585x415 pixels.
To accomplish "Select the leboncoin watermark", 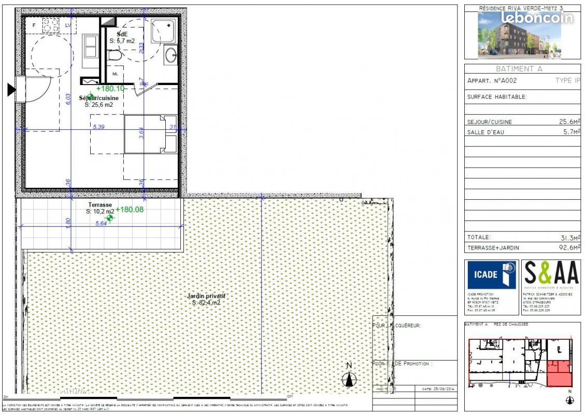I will click(x=537, y=18).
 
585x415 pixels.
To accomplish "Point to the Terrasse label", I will click(x=99, y=205).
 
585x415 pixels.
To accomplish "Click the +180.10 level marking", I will click(x=110, y=89).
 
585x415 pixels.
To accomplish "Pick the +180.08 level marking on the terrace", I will click(x=130, y=210).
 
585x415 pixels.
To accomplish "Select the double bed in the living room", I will click(x=151, y=134).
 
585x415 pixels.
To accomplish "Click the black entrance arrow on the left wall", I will click(x=11, y=90).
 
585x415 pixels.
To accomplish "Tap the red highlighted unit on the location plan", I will click(x=560, y=374).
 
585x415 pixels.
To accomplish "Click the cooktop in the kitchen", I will click(x=51, y=24).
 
